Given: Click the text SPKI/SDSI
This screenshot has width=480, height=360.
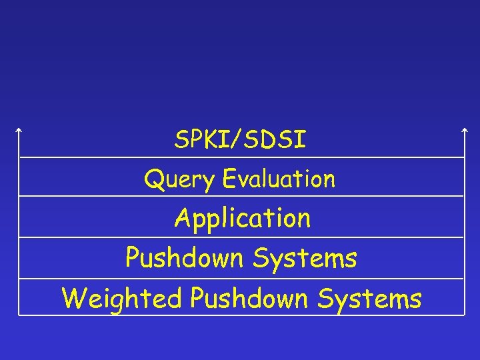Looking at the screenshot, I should click(240, 140).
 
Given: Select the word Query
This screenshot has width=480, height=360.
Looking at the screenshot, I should click(180, 179).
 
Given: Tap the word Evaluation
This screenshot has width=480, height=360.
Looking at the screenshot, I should click(279, 179).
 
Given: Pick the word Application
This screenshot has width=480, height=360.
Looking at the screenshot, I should click(242, 219).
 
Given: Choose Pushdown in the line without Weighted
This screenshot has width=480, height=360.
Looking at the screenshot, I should click(184, 258).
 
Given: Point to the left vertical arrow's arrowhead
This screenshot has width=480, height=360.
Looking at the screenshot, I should click(19, 129).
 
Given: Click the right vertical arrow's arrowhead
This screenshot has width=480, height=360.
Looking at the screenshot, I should click(464, 129).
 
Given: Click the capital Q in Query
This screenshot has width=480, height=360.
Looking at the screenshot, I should click(153, 179).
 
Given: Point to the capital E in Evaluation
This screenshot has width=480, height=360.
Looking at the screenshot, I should click(230, 178).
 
